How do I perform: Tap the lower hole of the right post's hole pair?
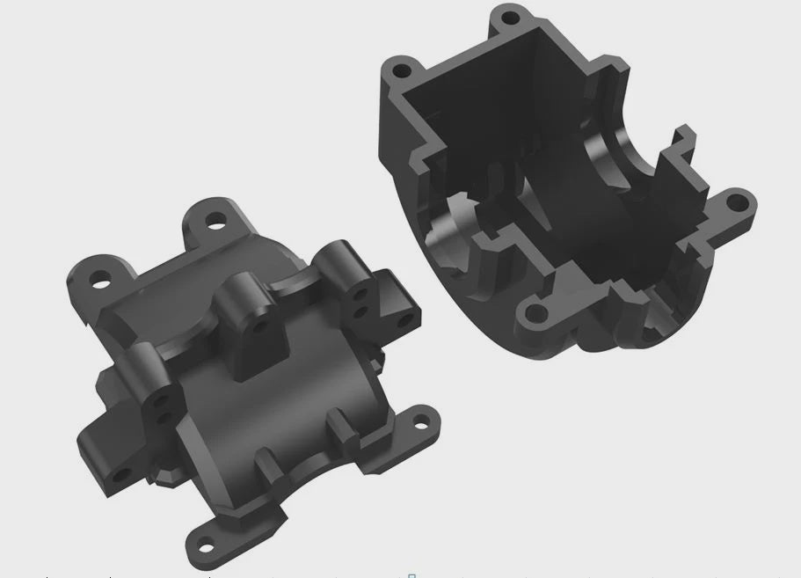pyautogui.click(x=360, y=311)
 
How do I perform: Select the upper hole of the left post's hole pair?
pyautogui.click(x=160, y=399)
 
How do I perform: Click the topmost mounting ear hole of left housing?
pyautogui.click(x=214, y=222)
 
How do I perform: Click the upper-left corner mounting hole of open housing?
pyautogui.click(x=402, y=69)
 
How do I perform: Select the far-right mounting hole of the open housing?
pyautogui.click(x=735, y=202)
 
